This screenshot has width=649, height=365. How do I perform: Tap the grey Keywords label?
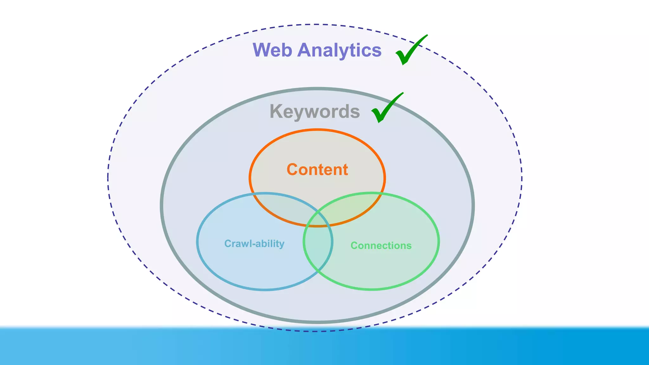tap(315, 112)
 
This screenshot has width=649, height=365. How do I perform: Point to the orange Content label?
tap(317, 170)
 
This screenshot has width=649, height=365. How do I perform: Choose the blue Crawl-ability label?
tap(254, 244)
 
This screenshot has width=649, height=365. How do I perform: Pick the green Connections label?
tap(381, 246)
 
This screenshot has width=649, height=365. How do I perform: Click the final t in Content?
tap(345, 170)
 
